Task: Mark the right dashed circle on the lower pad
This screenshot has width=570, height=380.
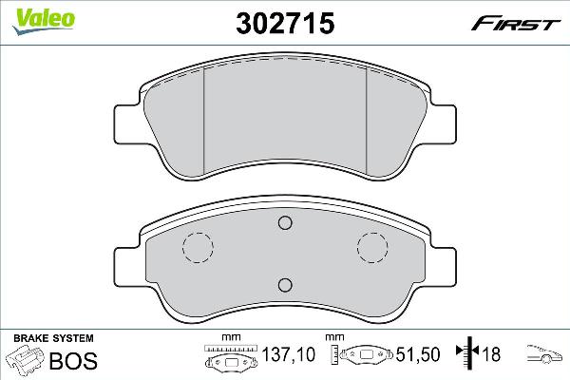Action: [x=372, y=248]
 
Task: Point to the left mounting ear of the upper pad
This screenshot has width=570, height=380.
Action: [x=129, y=122]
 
